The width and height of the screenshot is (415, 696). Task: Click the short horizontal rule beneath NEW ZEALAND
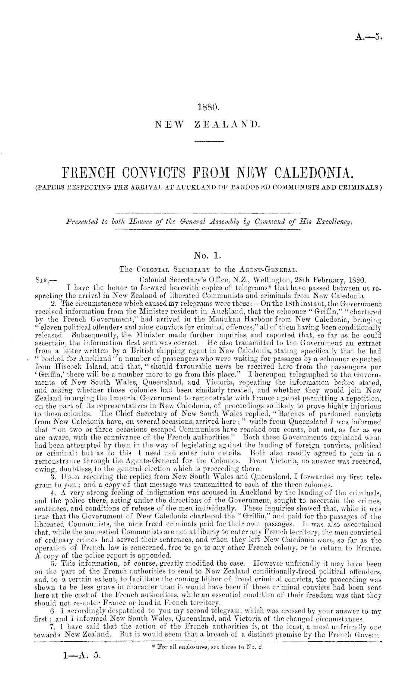(x=208, y=141)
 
